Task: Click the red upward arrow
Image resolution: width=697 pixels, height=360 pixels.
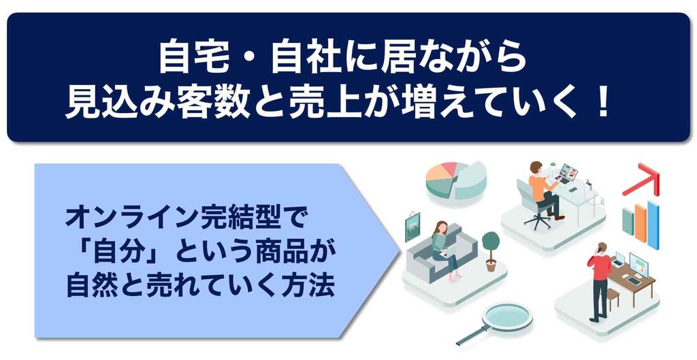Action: click(x=642, y=180)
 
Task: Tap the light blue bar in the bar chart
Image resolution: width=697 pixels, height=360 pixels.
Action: click(x=653, y=225)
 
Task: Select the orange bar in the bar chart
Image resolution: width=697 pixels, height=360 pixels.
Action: click(x=641, y=223)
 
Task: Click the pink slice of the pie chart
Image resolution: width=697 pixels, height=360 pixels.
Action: click(x=449, y=169)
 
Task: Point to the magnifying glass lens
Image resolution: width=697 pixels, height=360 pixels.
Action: click(x=508, y=316)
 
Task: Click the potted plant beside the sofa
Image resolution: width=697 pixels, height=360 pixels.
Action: click(x=491, y=251)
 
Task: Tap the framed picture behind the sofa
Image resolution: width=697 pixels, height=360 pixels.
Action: click(x=412, y=227)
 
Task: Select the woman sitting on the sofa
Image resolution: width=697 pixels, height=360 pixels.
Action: click(x=444, y=249)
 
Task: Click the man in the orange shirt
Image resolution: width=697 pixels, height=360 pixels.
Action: click(x=543, y=189)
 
